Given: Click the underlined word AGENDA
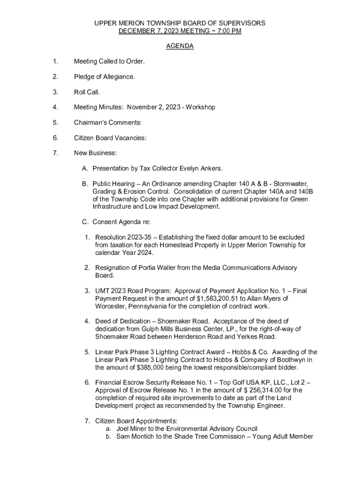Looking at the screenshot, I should [180, 46].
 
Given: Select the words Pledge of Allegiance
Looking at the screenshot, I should [104, 77].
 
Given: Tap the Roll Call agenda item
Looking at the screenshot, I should [86, 92].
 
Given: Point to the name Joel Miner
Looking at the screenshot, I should [133, 428].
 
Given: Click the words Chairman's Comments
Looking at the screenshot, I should [108, 123].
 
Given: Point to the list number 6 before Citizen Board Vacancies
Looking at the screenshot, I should [55, 138].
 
